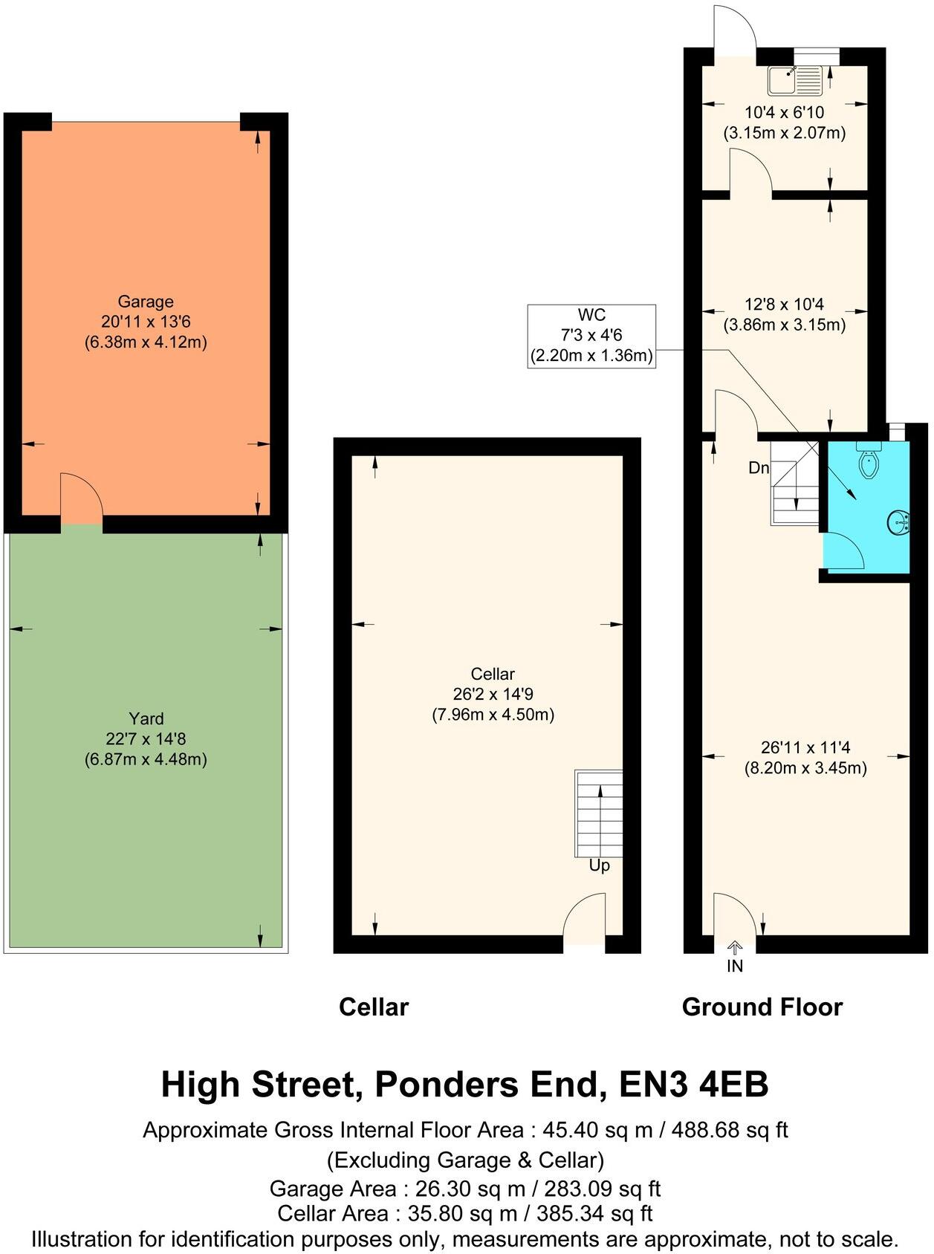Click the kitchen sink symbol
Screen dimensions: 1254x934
[796, 80]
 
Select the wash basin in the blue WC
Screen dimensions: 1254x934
[898, 522]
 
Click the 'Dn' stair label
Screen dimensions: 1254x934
[758, 468]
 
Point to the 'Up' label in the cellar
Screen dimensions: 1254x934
[599, 865]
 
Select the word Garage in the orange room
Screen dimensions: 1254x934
[146, 302]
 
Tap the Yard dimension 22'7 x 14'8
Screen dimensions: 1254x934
[146, 739]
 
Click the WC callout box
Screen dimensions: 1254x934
[591, 336]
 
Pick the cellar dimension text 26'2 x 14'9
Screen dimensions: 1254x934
[493, 695]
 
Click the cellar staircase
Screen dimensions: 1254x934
[599, 813]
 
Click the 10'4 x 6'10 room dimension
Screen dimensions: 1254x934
[784, 113]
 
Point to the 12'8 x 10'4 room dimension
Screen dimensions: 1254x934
[784, 305]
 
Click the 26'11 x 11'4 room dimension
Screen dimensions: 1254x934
[805, 747]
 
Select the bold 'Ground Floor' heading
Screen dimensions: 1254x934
[762, 1007]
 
